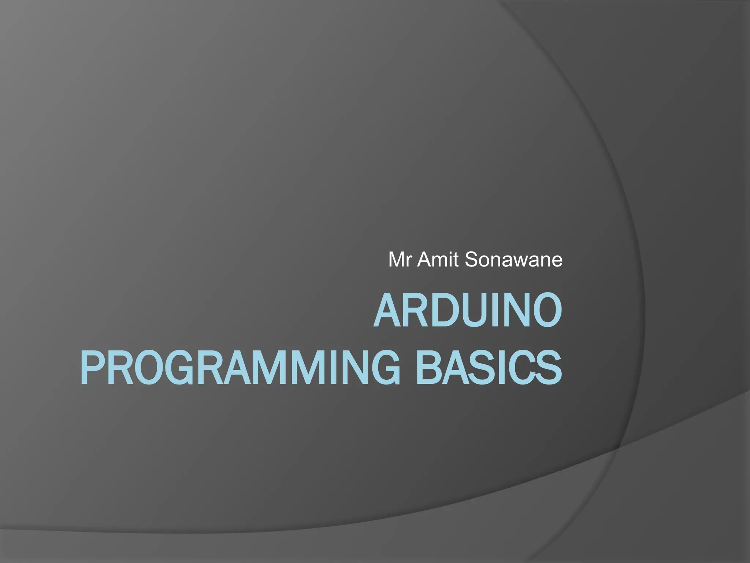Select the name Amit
[438, 260]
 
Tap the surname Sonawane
[513, 260]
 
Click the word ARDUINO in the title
[468, 311]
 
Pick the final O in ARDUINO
[546, 311]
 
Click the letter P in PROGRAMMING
[92, 367]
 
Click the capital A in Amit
[424, 260]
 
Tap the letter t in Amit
[455, 260]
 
